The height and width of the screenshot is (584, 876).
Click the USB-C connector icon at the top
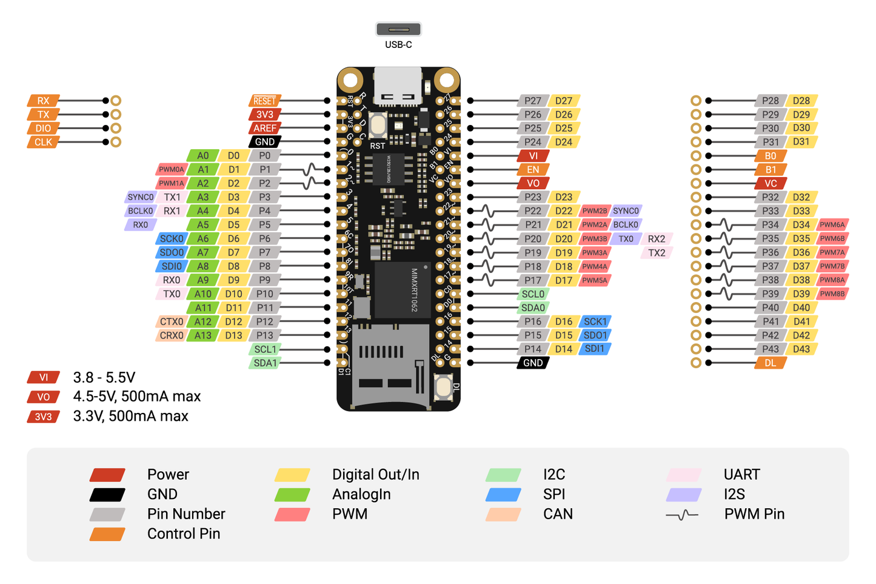[398, 29]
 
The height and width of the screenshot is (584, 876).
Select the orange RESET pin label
[264, 101]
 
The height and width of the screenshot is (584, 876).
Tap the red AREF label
[264, 128]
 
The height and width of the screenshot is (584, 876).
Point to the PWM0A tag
[172, 170]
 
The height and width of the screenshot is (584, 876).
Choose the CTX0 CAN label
[172, 321]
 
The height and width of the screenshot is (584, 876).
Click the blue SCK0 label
[172, 239]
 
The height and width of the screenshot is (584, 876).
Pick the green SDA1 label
[265, 363]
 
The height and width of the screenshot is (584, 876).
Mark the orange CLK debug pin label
[43, 142]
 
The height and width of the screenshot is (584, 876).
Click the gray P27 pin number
[533, 101]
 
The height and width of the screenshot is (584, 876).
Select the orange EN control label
[533, 170]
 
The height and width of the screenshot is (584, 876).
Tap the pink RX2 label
[657, 239]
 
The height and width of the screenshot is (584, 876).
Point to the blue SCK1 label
[595, 321]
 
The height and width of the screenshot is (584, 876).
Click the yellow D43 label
[801, 349]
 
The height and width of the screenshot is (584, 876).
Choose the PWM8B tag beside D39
[832, 294]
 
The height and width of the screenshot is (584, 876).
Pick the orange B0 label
[771, 156]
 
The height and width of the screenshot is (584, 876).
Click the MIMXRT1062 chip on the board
[403, 290]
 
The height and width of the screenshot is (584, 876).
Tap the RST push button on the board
[378, 125]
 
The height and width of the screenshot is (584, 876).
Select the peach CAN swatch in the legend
[503, 514]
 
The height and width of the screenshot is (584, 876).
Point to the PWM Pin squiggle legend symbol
[683, 515]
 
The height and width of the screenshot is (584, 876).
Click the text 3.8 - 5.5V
[104, 377]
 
